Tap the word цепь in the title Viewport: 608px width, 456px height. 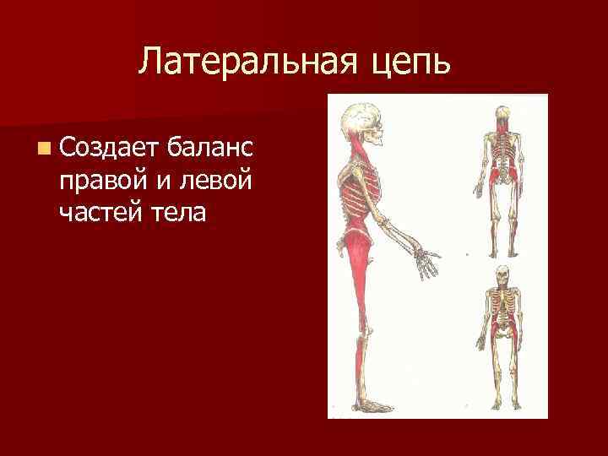409,62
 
